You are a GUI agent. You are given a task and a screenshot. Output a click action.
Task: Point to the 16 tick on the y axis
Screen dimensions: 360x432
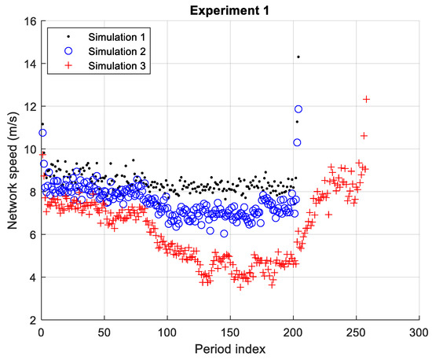(29, 21)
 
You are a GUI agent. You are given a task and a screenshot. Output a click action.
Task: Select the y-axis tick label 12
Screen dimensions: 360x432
(29, 106)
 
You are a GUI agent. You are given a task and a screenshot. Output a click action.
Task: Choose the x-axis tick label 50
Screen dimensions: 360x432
(104, 332)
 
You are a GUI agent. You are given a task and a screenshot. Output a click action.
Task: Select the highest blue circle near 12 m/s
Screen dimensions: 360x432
(298, 109)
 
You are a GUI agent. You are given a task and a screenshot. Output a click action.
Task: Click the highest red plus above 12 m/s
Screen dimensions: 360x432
(366, 99)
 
